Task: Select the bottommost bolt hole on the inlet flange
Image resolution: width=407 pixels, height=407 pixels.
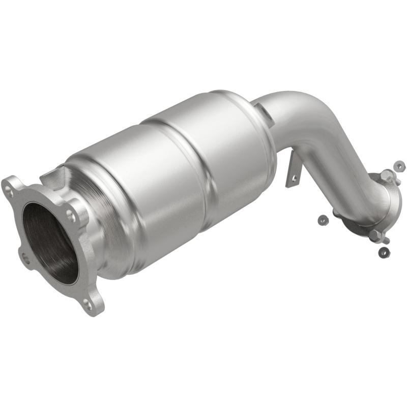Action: tap(88, 306)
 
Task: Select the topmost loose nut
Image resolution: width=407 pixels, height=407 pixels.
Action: tap(400, 166)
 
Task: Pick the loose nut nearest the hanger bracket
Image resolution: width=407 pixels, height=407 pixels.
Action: tap(322, 219)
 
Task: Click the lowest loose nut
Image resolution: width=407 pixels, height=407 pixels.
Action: tap(383, 252)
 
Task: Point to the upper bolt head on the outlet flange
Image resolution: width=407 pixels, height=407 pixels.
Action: tap(388, 175)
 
